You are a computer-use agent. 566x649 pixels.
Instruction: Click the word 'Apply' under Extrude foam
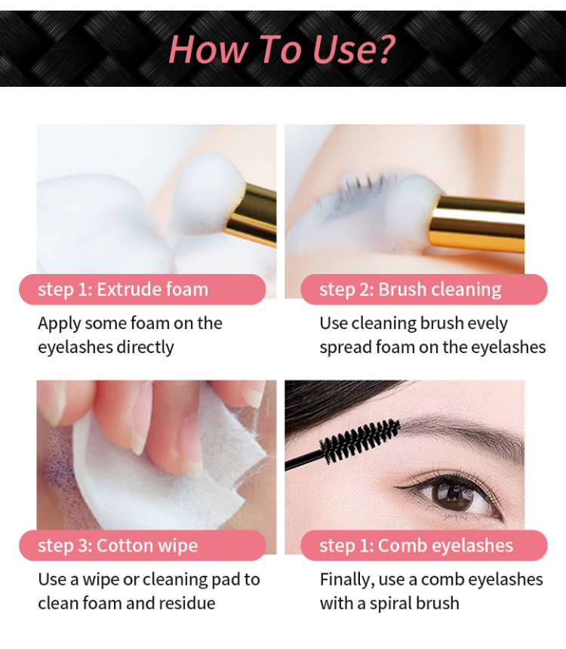(59, 323)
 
